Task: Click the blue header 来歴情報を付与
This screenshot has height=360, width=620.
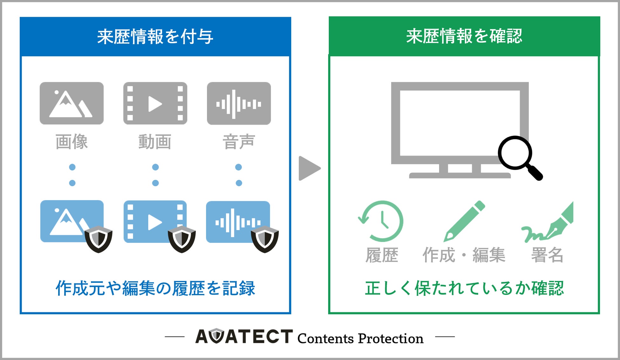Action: (155, 37)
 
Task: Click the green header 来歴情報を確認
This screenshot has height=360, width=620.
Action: (464, 36)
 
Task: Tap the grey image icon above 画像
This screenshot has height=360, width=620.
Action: (72, 103)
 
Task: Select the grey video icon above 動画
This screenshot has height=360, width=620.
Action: (155, 103)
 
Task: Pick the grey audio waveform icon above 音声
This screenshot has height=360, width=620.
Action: (239, 103)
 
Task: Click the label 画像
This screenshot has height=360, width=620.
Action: (72, 142)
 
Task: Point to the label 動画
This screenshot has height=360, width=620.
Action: (155, 142)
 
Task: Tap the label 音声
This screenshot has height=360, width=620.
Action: (239, 142)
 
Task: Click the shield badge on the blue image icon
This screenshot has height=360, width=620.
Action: (98, 239)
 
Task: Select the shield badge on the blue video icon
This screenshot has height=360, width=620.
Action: (182, 239)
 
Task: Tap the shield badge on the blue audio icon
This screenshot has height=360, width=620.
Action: (265, 239)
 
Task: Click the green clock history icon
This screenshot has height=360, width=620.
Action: (381, 221)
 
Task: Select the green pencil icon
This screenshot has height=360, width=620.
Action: (464, 221)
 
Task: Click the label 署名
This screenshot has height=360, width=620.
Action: (547, 255)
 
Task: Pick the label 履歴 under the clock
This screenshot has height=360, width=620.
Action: (382, 255)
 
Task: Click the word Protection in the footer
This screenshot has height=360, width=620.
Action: (391, 339)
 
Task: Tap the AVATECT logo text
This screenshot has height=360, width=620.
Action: (244, 336)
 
